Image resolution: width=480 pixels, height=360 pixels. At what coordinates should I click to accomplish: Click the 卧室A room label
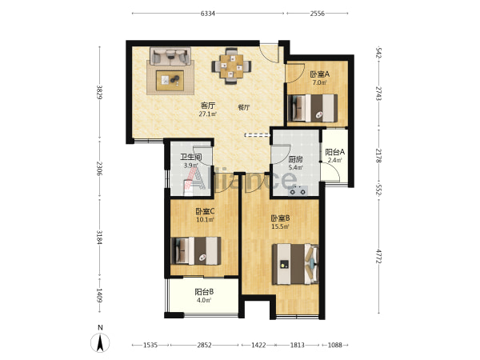pos(319,74)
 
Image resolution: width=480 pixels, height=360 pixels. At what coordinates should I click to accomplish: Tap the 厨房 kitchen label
pos(296,159)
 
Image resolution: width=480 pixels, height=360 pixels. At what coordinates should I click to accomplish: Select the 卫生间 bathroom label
pos(190,158)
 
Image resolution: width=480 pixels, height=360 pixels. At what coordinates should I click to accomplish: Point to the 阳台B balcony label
pos(204,292)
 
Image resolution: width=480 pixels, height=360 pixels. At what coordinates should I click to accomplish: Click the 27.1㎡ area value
pos(208,114)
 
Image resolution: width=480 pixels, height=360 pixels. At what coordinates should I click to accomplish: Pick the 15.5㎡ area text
pos(280,227)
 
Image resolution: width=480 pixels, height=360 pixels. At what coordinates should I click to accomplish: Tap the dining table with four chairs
pos(232,66)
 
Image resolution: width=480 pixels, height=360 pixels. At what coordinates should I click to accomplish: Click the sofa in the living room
pos(170,56)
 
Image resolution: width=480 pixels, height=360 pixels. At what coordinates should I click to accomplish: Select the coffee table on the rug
pos(170,81)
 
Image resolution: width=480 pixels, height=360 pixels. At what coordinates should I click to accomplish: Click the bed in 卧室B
pos(295,264)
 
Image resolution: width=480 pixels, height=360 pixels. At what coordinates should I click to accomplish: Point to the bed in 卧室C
pos(196,250)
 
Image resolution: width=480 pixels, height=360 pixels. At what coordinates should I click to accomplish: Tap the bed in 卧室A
pos(313,108)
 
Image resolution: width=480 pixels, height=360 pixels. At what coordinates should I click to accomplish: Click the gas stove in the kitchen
pos(298,191)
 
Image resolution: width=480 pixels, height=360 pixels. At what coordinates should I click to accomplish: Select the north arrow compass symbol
pos(100,342)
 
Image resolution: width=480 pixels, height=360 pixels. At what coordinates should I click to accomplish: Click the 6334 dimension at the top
pos(207,14)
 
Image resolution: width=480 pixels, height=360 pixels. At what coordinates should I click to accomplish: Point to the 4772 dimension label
pos(379,256)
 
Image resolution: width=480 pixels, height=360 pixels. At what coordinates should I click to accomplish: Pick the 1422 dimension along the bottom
pos(258,346)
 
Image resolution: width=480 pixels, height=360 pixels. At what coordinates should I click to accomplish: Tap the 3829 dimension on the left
pos(99,92)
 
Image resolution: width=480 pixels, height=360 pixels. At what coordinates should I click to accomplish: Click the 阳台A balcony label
pos(335,152)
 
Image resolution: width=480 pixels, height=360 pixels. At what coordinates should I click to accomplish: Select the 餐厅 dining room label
pos(244,107)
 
